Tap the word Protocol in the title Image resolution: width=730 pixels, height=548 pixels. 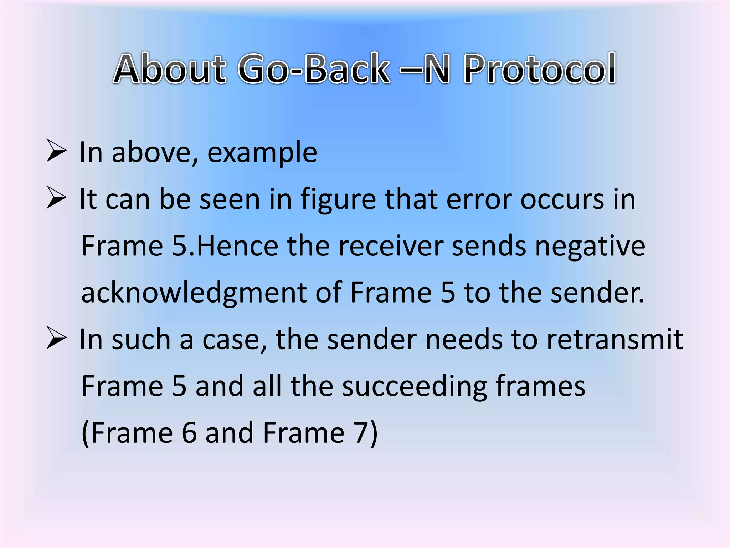(540, 69)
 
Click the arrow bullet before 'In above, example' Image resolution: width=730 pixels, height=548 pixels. (56, 152)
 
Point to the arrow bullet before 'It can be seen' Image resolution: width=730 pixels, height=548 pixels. (56, 198)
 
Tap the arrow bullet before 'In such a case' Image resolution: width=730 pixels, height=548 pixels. (56, 339)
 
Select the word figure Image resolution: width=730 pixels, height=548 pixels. (338, 200)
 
